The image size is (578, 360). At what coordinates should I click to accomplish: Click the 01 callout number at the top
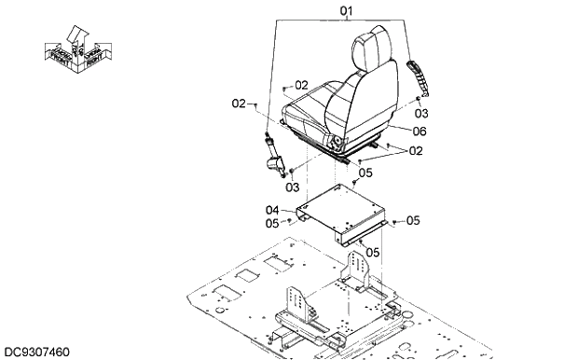point(347,12)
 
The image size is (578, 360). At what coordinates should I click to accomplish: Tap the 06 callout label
point(420,132)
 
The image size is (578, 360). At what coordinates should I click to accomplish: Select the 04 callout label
point(272,210)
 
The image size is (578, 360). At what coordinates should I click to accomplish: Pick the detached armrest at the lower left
point(274,156)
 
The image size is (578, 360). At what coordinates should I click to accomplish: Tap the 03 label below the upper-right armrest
point(421,113)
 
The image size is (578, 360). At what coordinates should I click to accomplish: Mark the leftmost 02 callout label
point(239,104)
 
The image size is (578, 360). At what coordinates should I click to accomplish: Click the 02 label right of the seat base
point(416,150)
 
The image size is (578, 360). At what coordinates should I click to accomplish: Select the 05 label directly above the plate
point(365,173)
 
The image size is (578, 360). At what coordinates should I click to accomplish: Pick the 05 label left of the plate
point(272,223)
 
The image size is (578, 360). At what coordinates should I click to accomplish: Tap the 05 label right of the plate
point(413,221)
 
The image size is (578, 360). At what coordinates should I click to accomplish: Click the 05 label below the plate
point(372,252)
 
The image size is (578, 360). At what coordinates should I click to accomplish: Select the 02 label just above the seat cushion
point(300,85)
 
